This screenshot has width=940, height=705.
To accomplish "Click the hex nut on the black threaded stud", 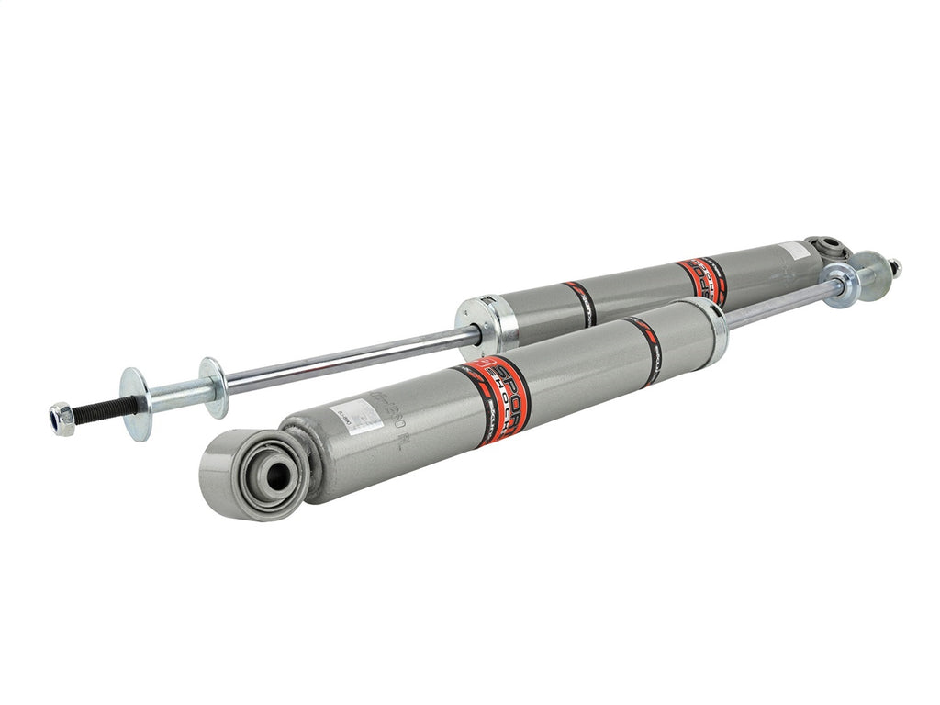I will point(62,418).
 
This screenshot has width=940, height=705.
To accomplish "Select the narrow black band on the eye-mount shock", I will point(649,349).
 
